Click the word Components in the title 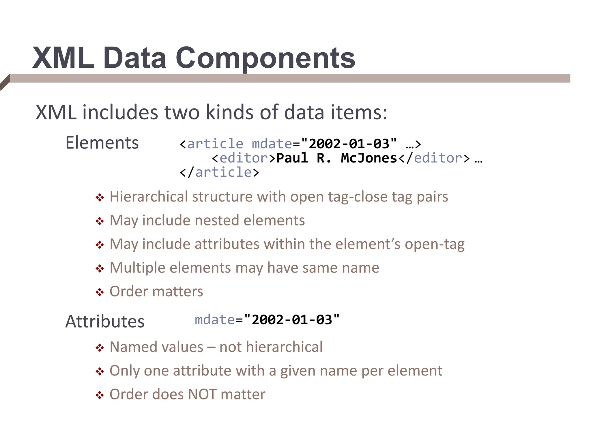[x=265, y=59]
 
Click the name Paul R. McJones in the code [x=337, y=158]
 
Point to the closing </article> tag [x=219, y=173]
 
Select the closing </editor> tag [x=434, y=158]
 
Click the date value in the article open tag [x=349, y=144]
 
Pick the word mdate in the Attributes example [x=215, y=320]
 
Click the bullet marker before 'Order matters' [x=100, y=292]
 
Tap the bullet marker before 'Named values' [x=100, y=348]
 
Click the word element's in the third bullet [x=368, y=244]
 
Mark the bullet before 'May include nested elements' [x=100, y=221]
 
